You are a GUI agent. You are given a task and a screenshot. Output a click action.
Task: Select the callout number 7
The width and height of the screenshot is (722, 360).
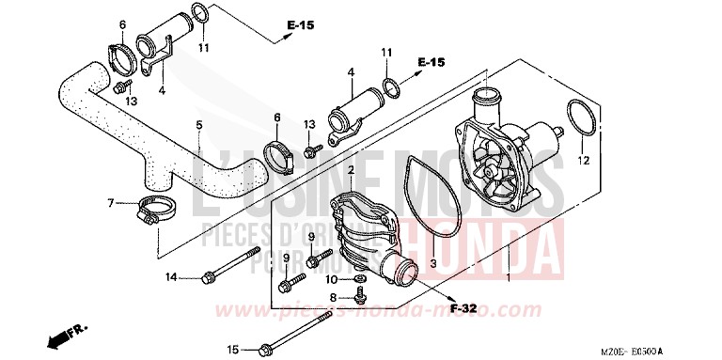(110, 202)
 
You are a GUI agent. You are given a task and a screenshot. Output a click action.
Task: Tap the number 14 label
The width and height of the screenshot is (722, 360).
(171, 276)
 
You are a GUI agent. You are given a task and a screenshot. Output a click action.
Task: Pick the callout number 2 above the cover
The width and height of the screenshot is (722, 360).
(351, 171)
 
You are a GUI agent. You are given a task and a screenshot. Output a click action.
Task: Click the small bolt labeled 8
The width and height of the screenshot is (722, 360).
(361, 299)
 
